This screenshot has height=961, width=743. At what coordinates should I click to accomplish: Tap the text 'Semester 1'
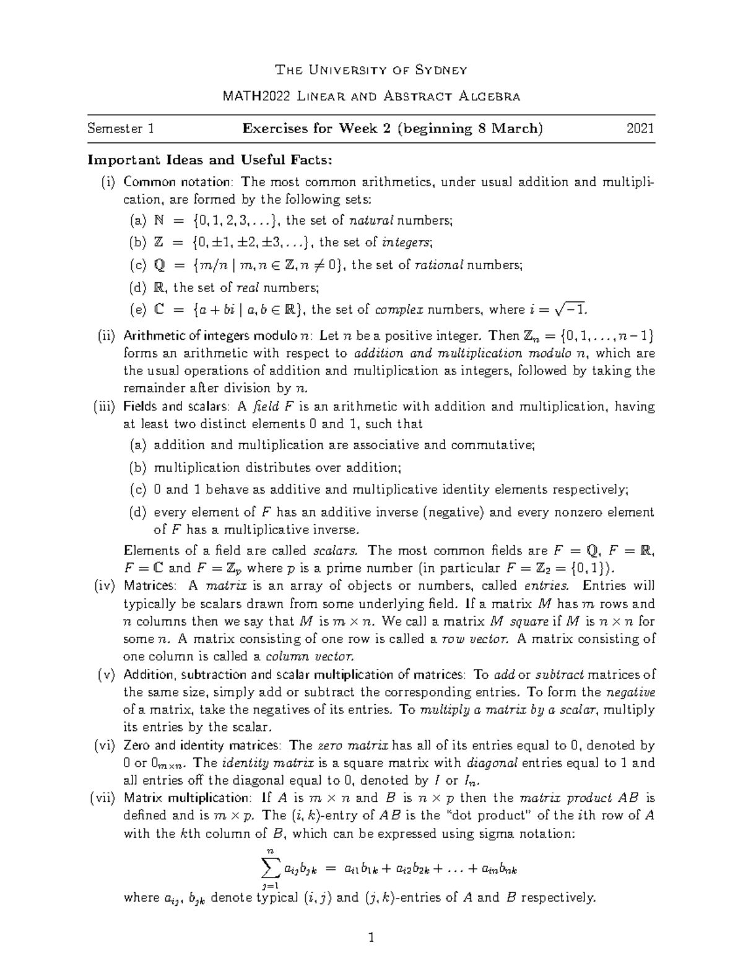(121, 129)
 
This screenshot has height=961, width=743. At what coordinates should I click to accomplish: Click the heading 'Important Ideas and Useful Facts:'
(210, 160)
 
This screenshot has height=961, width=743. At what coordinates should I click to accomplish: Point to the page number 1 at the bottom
(371, 937)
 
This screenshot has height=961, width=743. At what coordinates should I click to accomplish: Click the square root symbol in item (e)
(562, 310)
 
